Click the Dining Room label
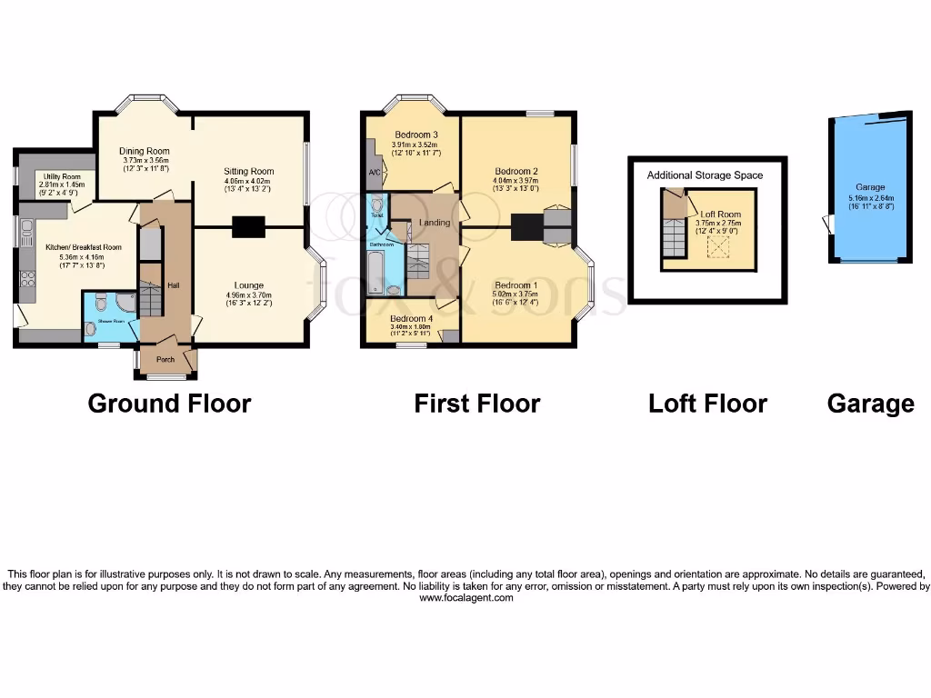tap(145, 152)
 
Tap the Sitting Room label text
tap(248, 171)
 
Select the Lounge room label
tap(248, 285)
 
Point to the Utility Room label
tap(60, 176)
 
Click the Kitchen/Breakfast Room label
tap(71, 247)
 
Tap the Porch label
tap(165, 360)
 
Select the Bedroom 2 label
tap(516, 171)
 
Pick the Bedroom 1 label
tap(516, 285)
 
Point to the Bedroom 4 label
tap(412, 319)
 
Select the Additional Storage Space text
tap(705, 174)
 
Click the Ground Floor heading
tap(169, 403)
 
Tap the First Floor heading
tap(477, 403)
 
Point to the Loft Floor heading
tap(707, 403)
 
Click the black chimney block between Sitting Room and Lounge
tap(248, 226)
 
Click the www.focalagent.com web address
tap(465, 598)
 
